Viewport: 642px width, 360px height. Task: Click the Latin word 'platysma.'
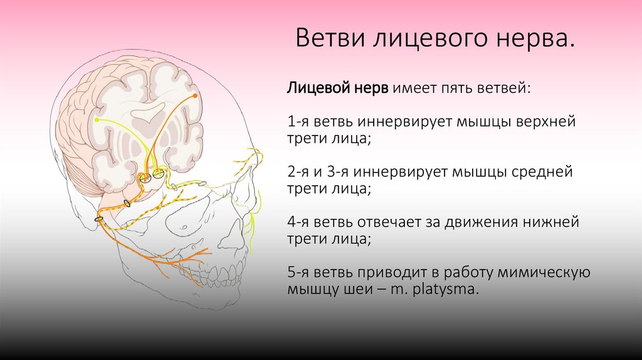[x=446, y=290]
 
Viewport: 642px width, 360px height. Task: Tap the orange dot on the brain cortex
[x=195, y=95]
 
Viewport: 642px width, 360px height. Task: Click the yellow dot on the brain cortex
[x=97, y=119]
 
